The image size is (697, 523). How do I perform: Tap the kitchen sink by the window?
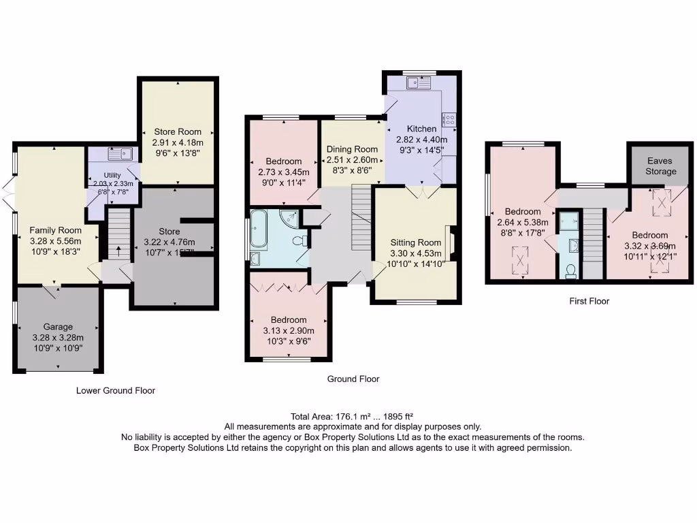(414, 84)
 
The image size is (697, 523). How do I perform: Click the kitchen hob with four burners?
(449, 121)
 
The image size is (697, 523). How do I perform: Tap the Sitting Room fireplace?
(450, 242)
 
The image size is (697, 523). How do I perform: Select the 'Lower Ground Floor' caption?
(116, 391)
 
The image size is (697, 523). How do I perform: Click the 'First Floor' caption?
(589, 301)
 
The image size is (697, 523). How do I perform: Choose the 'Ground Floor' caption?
(353, 379)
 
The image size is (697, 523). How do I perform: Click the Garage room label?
(59, 327)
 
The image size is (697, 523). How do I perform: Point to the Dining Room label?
(352, 149)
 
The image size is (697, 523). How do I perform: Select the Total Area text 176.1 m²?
(353, 416)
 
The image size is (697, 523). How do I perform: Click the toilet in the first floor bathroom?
(570, 271)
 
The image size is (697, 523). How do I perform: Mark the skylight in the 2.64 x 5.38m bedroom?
(522, 260)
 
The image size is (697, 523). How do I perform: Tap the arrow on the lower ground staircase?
(120, 251)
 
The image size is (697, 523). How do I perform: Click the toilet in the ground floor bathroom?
(298, 240)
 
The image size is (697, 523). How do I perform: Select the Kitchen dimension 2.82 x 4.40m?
(421, 139)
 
